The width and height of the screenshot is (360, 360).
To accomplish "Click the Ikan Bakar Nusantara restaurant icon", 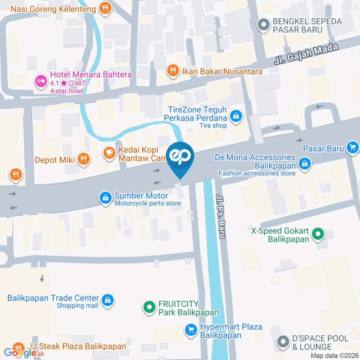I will pos(172,70).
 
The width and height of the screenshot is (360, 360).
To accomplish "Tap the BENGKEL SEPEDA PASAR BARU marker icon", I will pos(264,25).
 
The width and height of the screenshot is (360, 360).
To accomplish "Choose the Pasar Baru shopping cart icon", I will pos(352,148).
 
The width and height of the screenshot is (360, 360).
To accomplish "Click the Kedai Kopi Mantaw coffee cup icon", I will pos(109,153).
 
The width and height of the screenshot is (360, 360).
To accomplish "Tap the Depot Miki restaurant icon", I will pos(83,159).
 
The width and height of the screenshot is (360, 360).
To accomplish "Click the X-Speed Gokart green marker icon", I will pos(318,234).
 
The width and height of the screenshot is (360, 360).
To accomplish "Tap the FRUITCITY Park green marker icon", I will pos(149,307).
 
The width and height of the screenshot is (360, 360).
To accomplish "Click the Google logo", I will pos(19,352).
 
